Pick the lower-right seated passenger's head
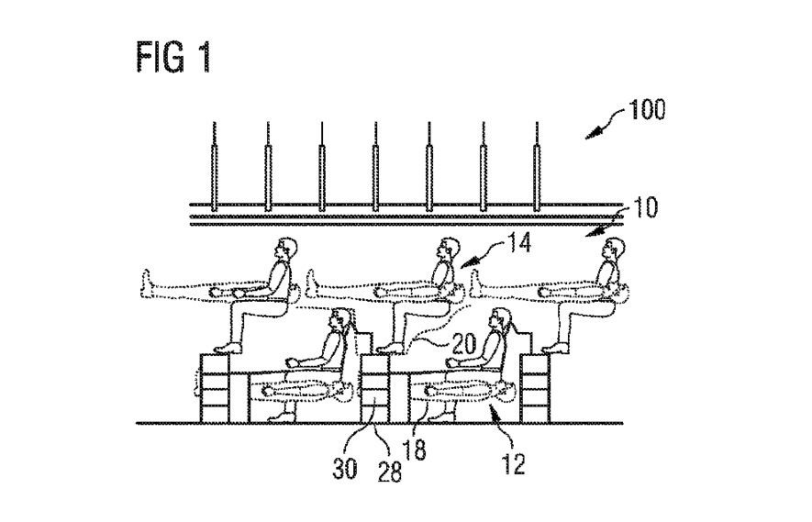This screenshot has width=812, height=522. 501,320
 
